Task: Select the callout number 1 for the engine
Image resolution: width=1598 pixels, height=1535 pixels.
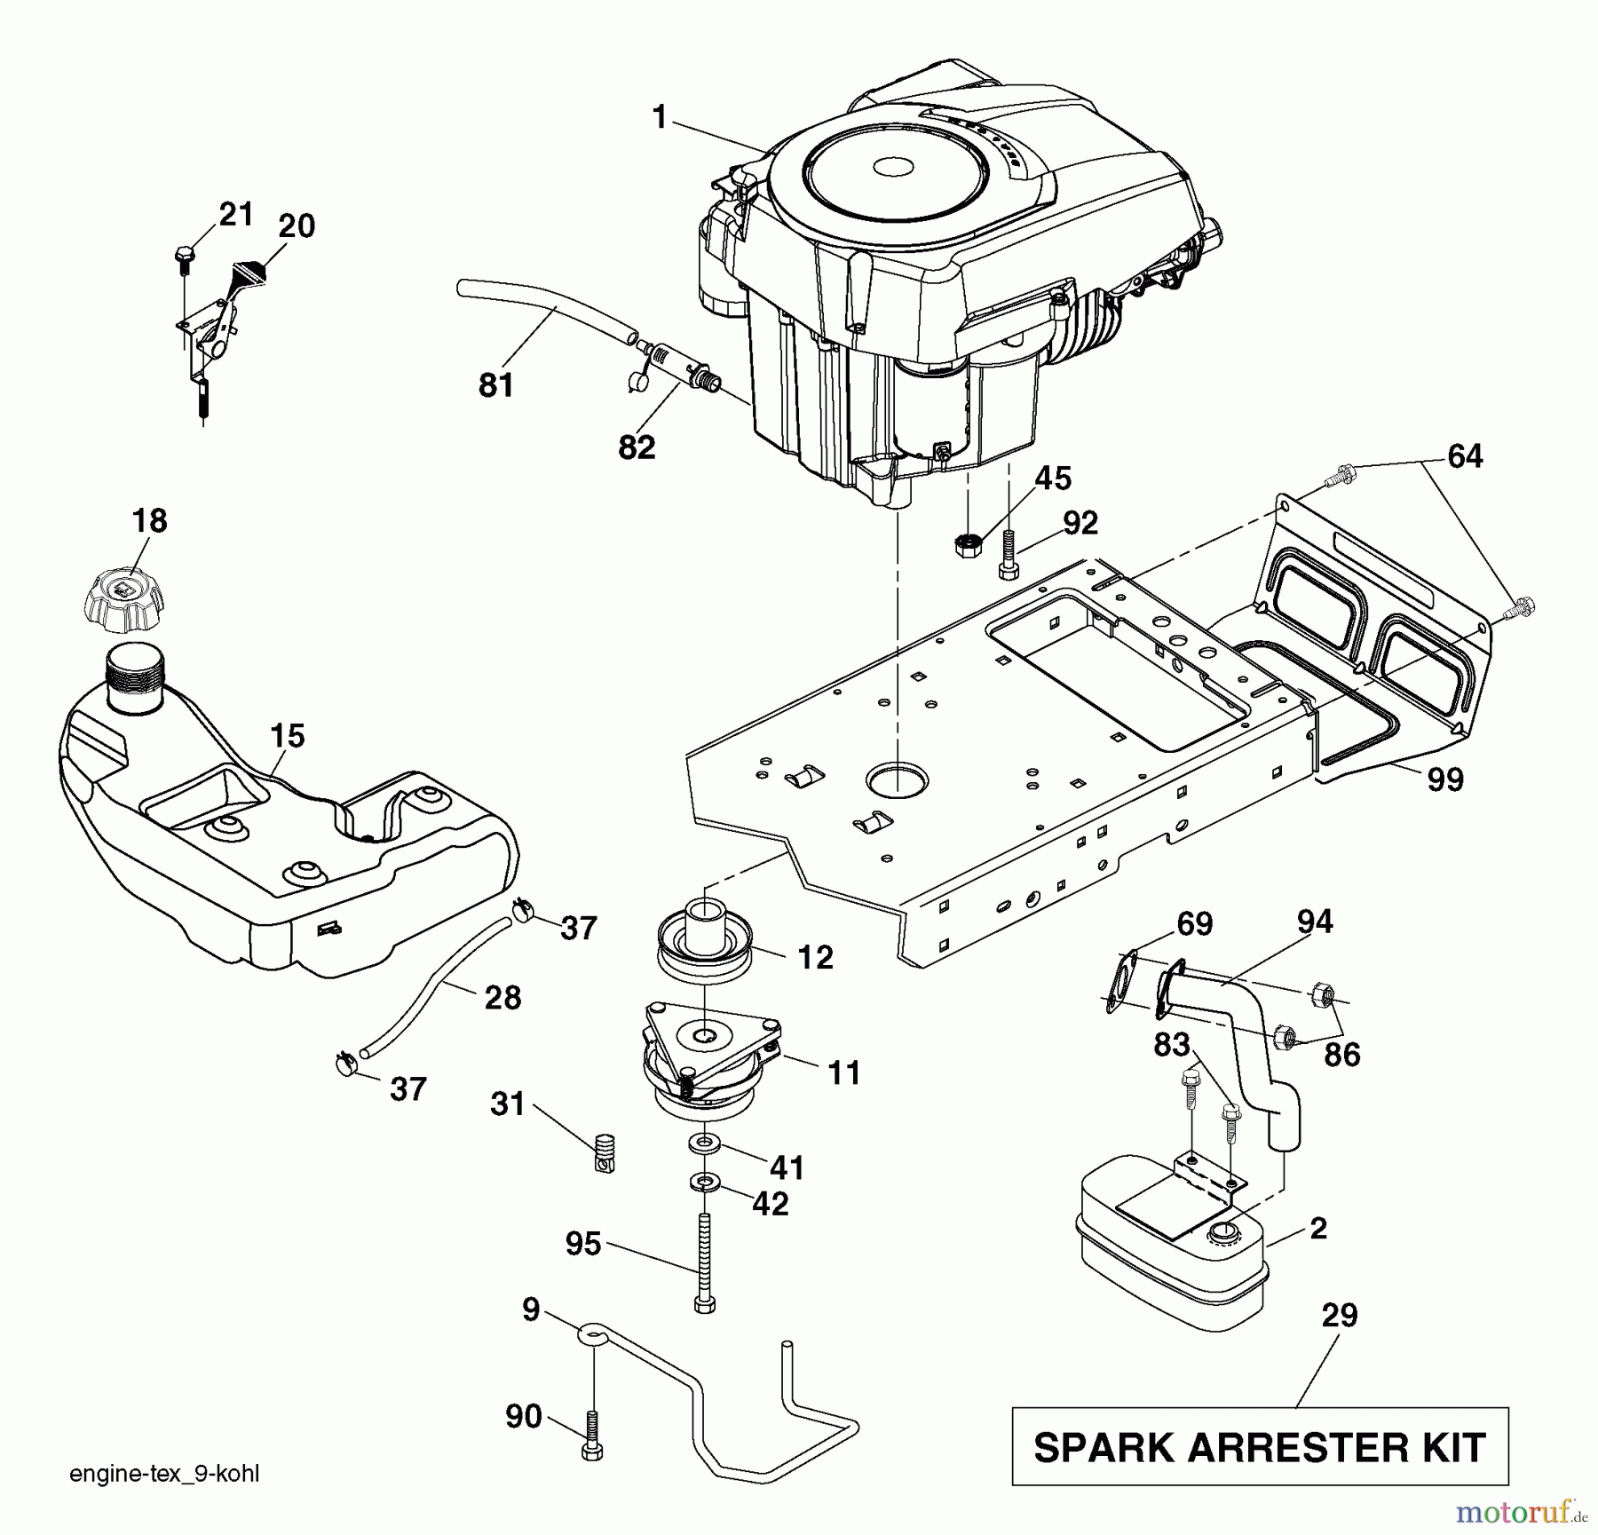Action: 659,117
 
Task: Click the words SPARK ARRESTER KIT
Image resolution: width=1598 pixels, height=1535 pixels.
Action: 1260,1448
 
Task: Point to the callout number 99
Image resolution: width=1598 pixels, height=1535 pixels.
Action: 1444,779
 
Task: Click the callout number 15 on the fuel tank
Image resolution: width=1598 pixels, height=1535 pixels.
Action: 288,736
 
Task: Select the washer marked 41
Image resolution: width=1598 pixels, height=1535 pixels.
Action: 703,1142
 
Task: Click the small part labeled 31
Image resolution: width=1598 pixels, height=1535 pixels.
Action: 605,1154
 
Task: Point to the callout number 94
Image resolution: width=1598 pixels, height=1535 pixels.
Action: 1314,922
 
